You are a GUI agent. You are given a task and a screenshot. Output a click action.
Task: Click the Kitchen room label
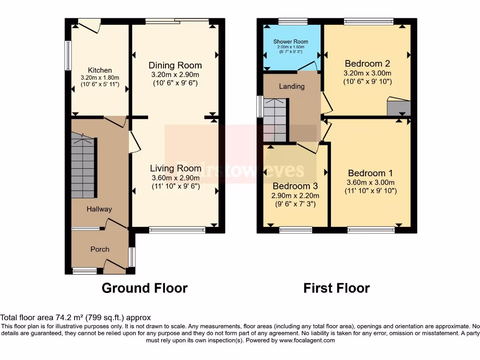(100, 70)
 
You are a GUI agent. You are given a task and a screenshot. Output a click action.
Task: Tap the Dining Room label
(175, 65)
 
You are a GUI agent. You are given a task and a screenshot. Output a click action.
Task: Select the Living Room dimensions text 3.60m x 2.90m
(175, 178)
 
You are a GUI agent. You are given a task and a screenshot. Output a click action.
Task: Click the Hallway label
(99, 209)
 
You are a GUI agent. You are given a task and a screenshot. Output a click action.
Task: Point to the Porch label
(100, 249)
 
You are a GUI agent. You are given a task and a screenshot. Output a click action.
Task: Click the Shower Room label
(291, 42)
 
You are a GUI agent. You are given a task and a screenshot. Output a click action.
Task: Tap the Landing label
(292, 86)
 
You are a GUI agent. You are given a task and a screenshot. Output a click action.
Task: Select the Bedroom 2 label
(367, 63)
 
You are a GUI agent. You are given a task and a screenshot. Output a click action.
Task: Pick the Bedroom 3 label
(296, 186)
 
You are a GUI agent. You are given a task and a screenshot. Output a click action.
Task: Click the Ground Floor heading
(144, 288)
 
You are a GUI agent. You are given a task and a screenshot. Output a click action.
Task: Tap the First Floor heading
(337, 288)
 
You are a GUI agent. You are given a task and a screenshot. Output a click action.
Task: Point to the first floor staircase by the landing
(275, 120)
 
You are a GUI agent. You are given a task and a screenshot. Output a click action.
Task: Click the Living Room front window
(177, 230)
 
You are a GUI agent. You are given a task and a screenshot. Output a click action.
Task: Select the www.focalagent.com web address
(307, 341)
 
